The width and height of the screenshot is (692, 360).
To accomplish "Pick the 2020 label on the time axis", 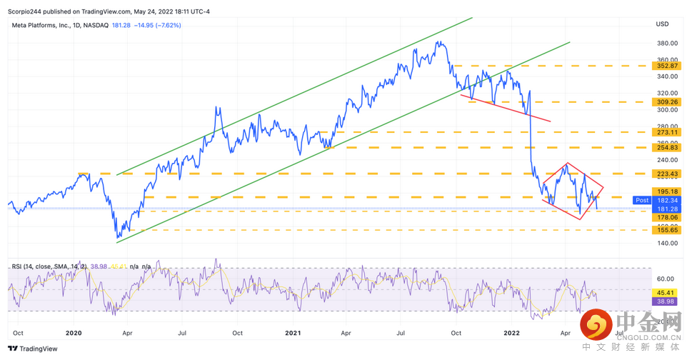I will (x=74, y=333).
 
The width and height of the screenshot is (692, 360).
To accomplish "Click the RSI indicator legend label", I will (x=47, y=266).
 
